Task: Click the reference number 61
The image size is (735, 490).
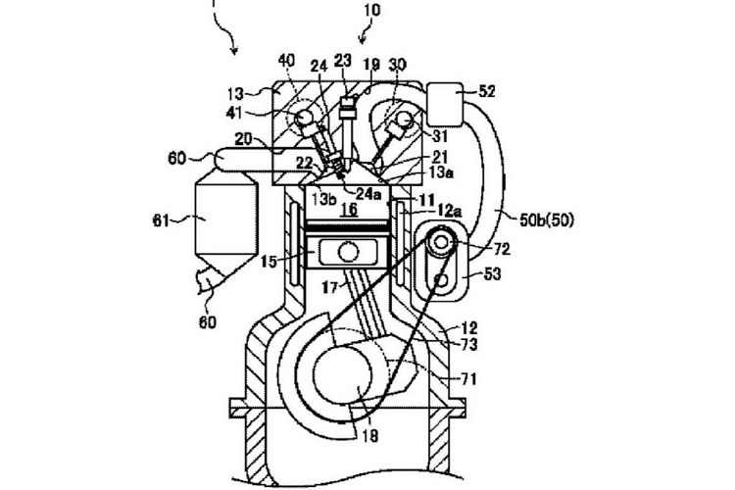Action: pos(164,221)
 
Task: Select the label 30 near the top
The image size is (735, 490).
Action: pos(399,61)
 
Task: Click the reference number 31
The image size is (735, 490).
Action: pos(439,136)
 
